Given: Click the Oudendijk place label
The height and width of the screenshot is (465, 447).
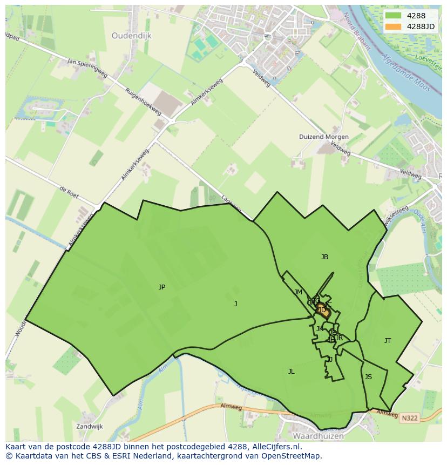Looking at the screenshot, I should point(132,36).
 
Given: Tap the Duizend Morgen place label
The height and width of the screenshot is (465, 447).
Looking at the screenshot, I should point(324,137).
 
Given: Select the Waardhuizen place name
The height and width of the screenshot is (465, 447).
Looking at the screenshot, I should point(315,435).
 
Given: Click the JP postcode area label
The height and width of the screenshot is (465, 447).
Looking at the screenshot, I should point(162,287).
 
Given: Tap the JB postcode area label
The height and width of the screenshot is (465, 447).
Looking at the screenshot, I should point(324,257).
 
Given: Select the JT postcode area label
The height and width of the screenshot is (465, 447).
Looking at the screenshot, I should point(388,341).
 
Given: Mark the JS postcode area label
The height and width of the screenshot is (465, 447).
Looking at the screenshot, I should point(368,377).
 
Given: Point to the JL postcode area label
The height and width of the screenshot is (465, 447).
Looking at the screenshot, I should point(291,372).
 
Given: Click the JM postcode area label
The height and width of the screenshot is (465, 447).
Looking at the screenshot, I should point(299,292).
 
